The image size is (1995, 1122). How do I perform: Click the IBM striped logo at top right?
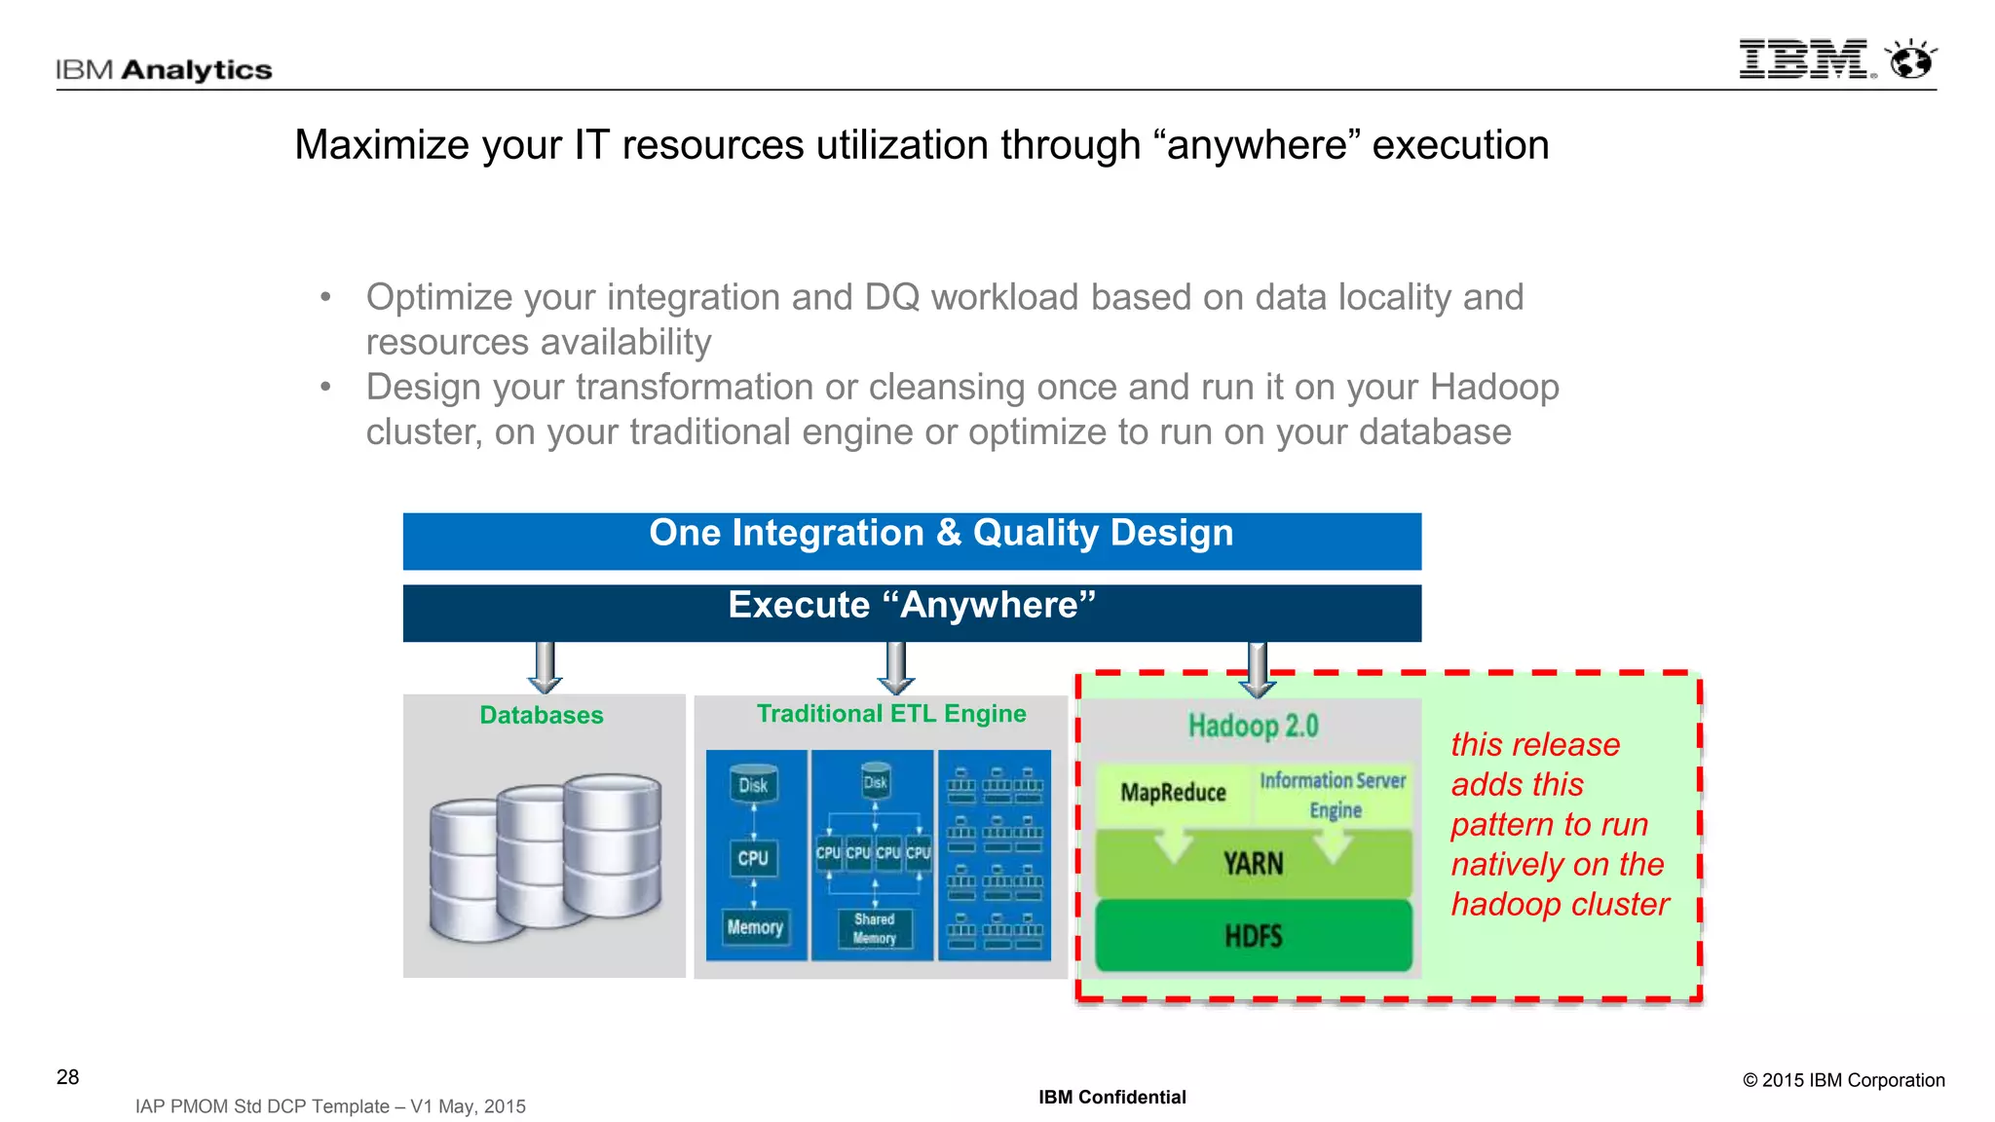[x=1804, y=59]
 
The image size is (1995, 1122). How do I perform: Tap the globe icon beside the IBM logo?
[x=1910, y=60]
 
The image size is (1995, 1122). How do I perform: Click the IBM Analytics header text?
[x=164, y=70]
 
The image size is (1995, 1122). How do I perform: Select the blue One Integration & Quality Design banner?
[x=912, y=541]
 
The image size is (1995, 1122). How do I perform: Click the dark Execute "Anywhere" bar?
[x=912, y=612]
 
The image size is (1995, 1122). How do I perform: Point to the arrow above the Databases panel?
[x=545, y=667]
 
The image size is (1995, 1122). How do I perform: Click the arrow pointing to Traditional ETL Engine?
[x=895, y=667]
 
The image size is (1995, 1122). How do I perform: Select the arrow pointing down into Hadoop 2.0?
[x=1258, y=670]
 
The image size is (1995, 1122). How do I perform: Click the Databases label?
[x=542, y=715]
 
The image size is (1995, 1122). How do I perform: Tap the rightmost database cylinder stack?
[x=612, y=842]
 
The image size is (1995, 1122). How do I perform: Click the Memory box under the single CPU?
[x=755, y=927]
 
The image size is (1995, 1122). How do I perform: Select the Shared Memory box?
[x=875, y=928]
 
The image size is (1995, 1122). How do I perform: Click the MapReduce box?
[x=1173, y=793]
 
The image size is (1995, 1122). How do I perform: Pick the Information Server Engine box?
[x=1333, y=795]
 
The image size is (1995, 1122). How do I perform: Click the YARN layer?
[x=1254, y=864]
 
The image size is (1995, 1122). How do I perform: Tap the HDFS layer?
[x=1254, y=936]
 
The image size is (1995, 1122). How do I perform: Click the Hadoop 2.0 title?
[x=1253, y=726]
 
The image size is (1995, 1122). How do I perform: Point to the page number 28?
[x=68, y=1077]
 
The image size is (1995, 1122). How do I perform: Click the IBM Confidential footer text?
[x=1111, y=1098]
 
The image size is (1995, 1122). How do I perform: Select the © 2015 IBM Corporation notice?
[x=1843, y=1080]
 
